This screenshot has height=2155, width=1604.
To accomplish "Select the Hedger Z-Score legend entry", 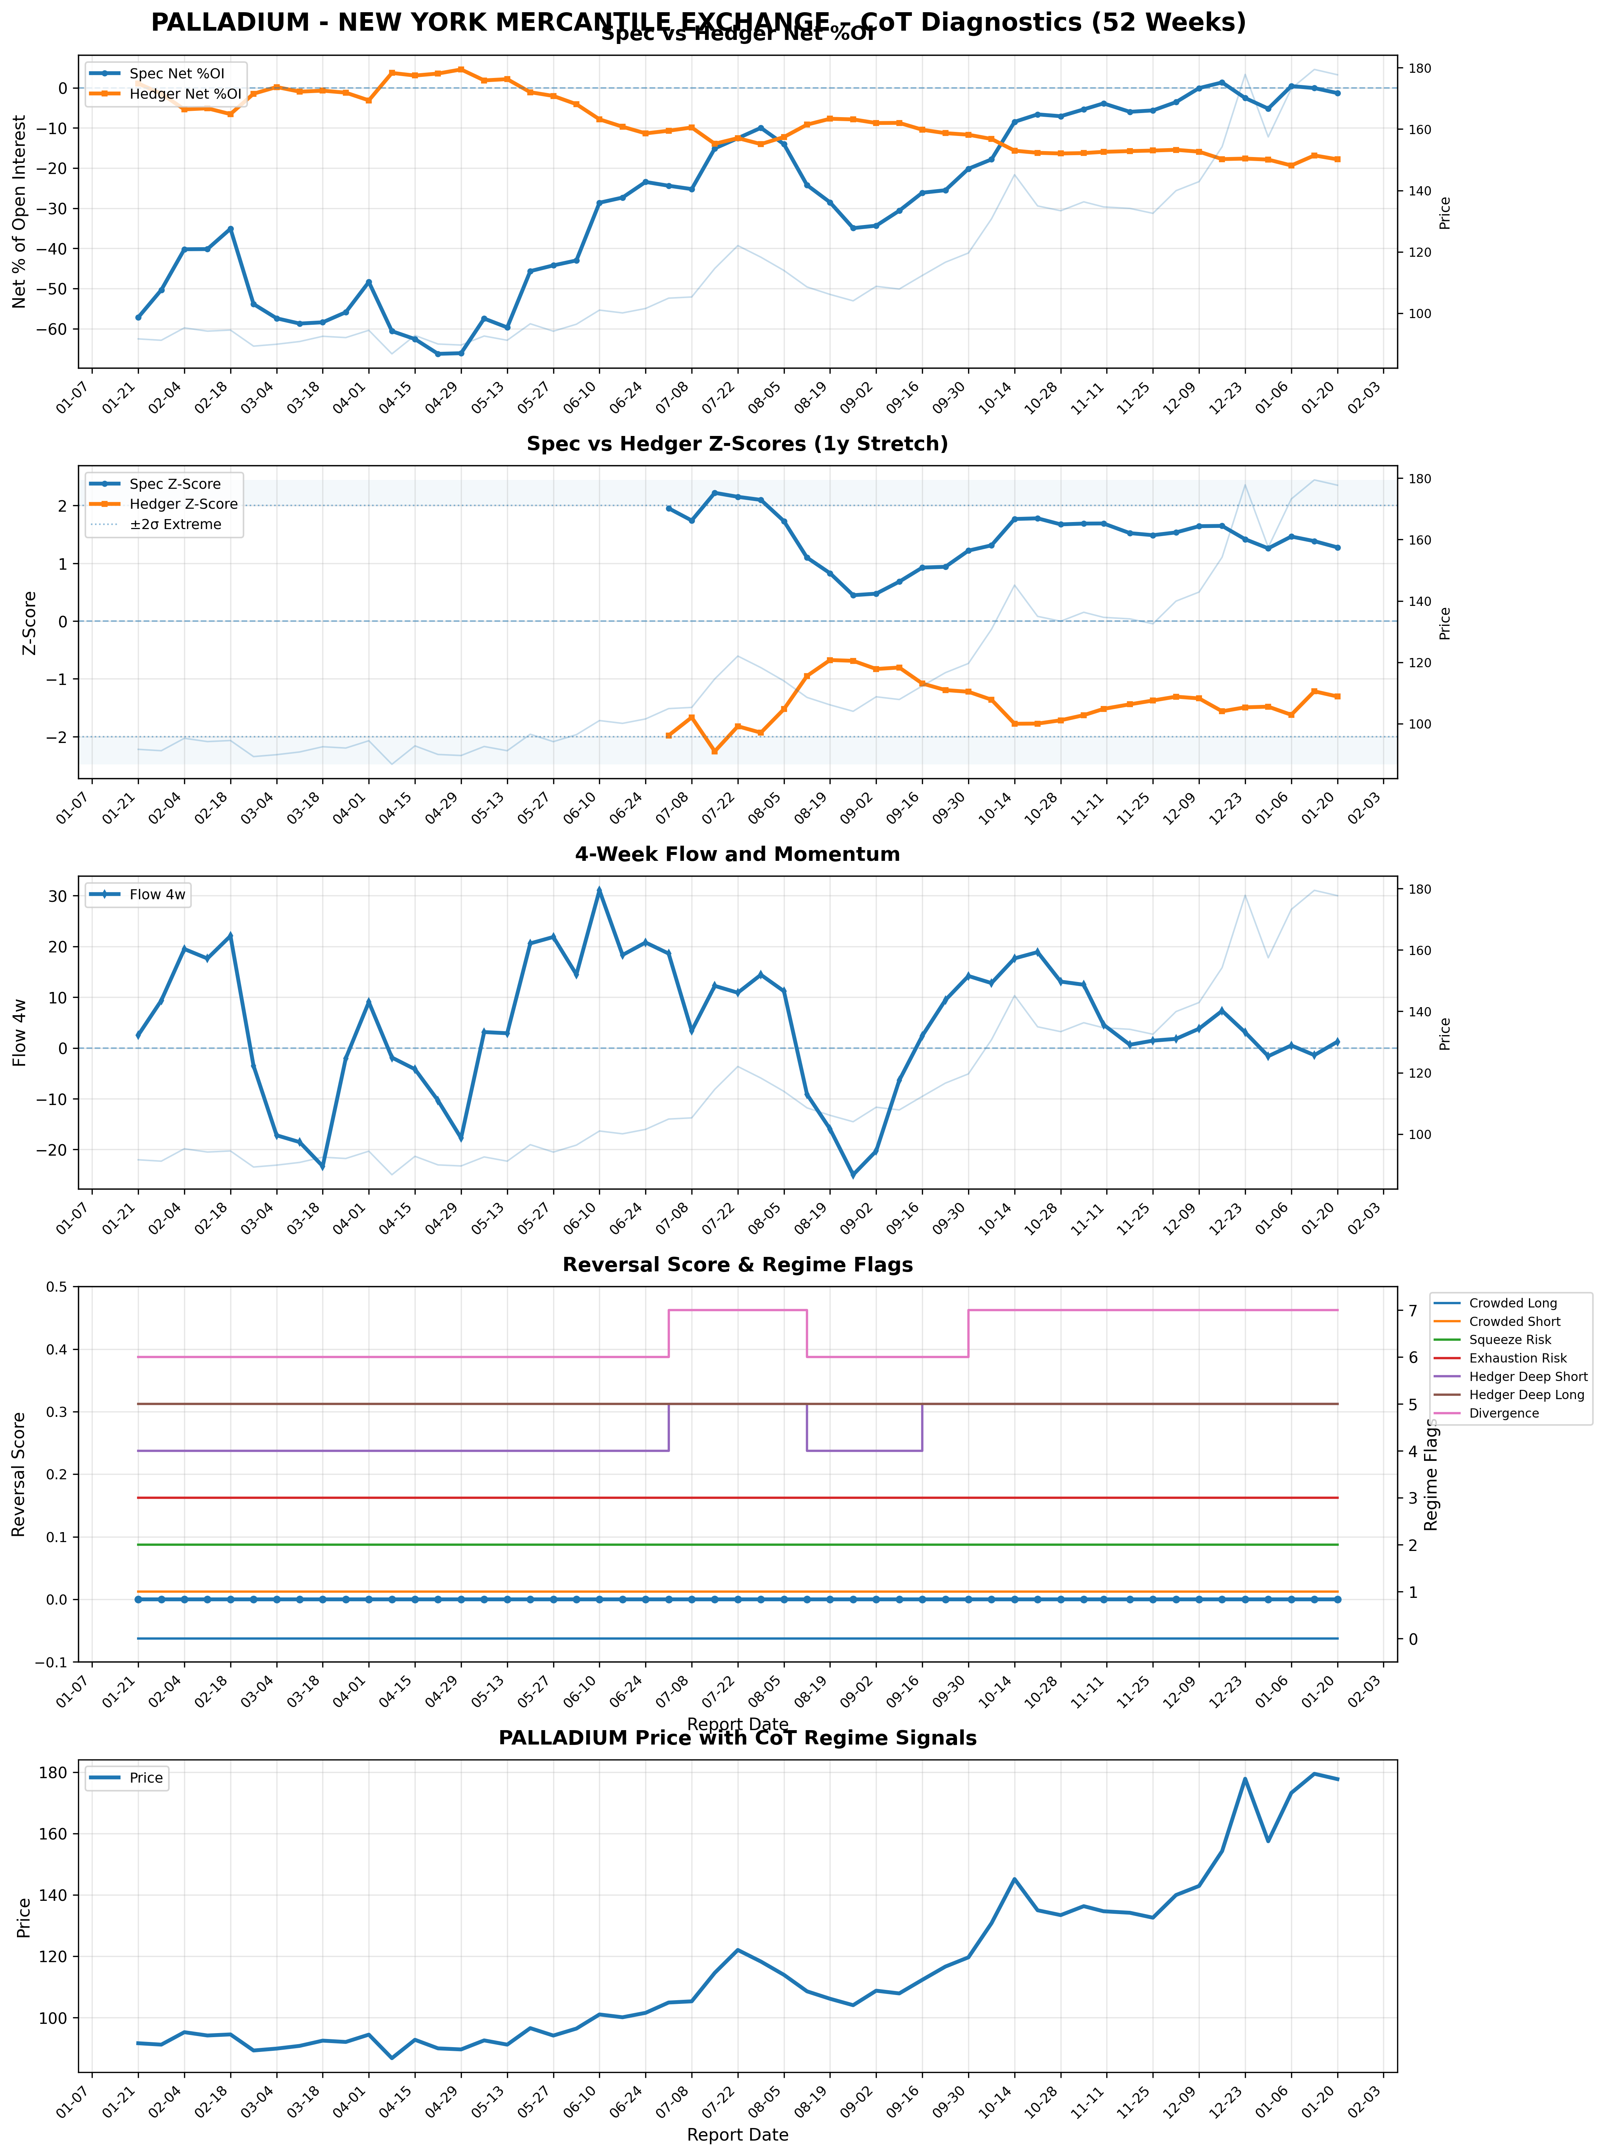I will coord(183,504).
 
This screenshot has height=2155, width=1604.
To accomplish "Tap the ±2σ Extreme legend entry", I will coord(175,524).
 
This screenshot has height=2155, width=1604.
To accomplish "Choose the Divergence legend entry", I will coord(1503,1414).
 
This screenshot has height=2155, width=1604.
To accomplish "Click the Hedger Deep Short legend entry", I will coord(1527,1377).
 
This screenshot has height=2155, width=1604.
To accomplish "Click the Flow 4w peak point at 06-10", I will coord(599,889).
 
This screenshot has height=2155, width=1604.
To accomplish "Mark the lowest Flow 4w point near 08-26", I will coord(852,1176).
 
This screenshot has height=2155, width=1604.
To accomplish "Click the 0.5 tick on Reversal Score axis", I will coord(56,1287).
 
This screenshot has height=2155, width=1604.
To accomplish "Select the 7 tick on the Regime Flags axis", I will coord(1413,1310).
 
